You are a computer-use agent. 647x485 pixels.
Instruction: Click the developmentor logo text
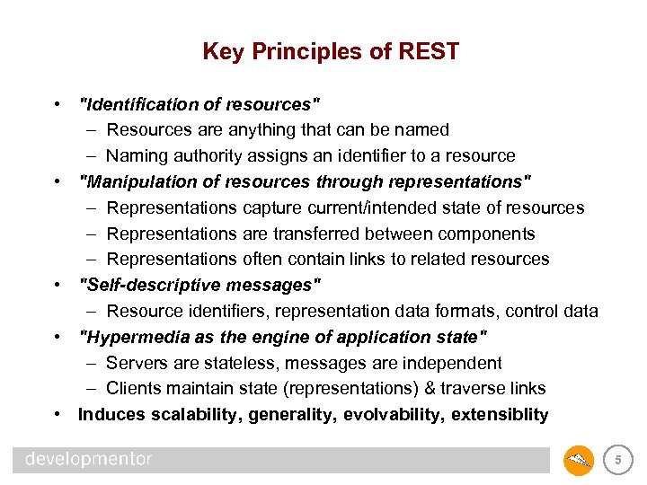click(89, 460)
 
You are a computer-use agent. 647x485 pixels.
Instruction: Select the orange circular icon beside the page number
click(579, 461)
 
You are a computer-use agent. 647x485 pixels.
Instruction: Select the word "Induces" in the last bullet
click(111, 414)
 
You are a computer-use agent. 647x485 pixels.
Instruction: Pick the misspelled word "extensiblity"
click(500, 414)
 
